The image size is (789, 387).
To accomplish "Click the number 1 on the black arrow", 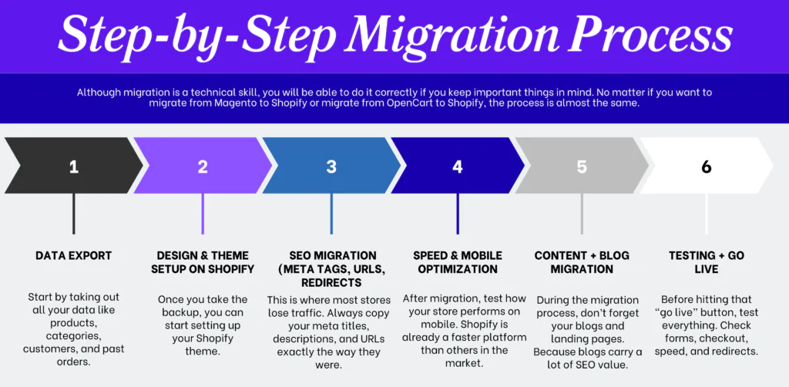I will pyautogui.click(x=74, y=166).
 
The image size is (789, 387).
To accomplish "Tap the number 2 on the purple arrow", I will pyautogui.click(x=203, y=166).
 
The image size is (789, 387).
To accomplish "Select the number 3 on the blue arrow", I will pyautogui.click(x=331, y=166).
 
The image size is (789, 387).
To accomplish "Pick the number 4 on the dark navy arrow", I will pyautogui.click(x=458, y=166).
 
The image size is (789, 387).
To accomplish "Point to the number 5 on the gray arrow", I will pyautogui.click(x=582, y=166).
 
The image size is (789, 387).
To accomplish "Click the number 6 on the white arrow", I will pyautogui.click(x=707, y=166).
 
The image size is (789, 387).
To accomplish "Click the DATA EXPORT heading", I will pyautogui.click(x=74, y=255).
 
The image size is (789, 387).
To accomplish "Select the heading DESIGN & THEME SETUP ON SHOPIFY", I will pyautogui.click(x=203, y=262).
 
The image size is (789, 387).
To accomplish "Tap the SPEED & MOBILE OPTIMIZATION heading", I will pyautogui.click(x=458, y=262).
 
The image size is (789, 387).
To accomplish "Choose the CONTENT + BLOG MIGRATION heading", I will pyautogui.click(x=582, y=262).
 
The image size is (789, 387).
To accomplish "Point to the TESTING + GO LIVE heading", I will pyautogui.click(x=707, y=262).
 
